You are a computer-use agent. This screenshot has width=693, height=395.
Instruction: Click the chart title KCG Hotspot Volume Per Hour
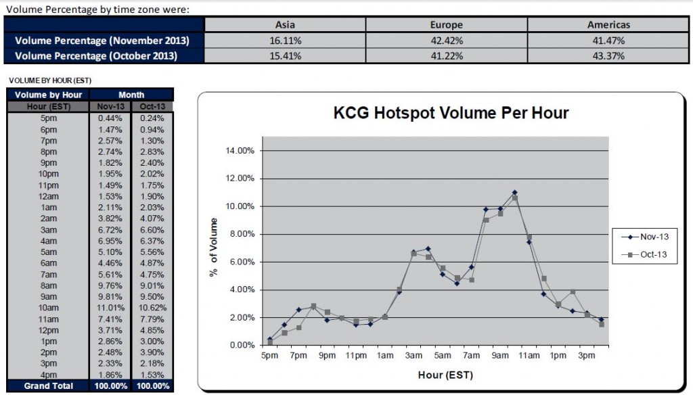451,112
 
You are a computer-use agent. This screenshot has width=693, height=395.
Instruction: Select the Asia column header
286,25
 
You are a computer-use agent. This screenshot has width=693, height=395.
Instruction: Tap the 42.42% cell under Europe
446,41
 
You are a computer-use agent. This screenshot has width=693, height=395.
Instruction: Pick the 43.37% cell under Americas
608,56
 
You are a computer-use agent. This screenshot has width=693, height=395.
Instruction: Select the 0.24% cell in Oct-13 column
152,118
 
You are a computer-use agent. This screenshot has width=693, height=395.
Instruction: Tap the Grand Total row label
48,386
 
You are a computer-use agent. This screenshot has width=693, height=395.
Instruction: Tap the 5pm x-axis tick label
269,356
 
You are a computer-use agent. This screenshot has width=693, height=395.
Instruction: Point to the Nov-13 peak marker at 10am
514,193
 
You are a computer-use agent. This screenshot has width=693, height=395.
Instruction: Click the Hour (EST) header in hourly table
48,106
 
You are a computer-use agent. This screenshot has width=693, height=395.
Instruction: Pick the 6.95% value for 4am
109,240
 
